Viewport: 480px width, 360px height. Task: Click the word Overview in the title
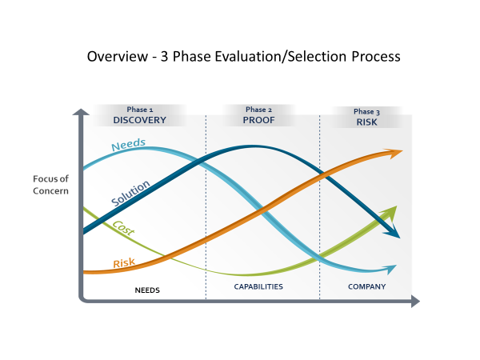pos(118,57)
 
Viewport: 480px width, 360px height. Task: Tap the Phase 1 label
pos(140,110)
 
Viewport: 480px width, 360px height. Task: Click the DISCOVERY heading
pos(139,120)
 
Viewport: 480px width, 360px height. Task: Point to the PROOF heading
pos(258,120)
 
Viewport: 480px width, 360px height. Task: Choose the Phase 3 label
pos(366,112)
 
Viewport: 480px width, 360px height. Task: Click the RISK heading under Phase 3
pos(366,122)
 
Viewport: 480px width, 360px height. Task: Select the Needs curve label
pos(128,144)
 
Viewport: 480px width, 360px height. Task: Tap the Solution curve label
pos(130,193)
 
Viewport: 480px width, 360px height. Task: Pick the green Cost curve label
pos(123,228)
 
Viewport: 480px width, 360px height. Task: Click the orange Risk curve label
pos(124,263)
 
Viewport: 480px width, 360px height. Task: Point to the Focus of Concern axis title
pos(50,185)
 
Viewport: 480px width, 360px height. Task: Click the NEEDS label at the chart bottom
pos(147,290)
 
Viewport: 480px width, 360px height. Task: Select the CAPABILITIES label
pos(258,287)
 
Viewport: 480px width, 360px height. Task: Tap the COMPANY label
pos(366,287)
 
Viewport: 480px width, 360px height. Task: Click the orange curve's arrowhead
pos(394,153)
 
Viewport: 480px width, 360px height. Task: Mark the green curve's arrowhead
pos(390,213)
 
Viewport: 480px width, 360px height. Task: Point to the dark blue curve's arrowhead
pos(393,231)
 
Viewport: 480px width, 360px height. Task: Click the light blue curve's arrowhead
pos(390,269)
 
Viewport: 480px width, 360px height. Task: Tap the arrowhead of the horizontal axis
pos(415,302)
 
